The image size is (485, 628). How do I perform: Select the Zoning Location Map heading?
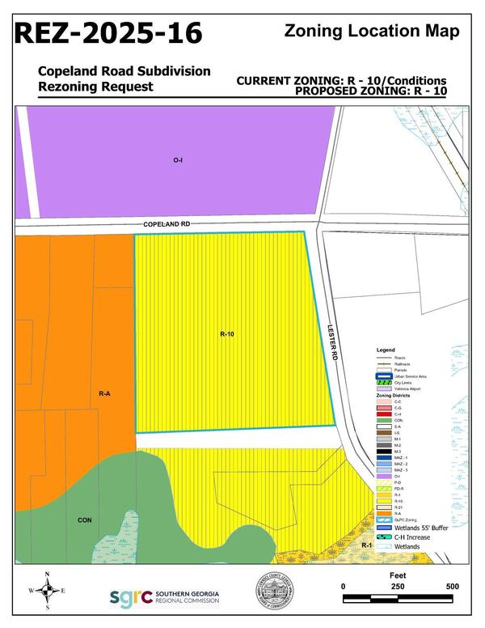point(373,31)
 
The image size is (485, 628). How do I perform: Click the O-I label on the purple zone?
point(178,160)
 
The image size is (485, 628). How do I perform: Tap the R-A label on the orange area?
point(104,393)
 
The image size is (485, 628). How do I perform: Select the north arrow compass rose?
point(48,592)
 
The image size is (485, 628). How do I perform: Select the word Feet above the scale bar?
point(398,571)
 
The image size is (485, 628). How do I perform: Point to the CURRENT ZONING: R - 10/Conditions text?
point(342,81)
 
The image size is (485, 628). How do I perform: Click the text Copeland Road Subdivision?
point(124,71)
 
